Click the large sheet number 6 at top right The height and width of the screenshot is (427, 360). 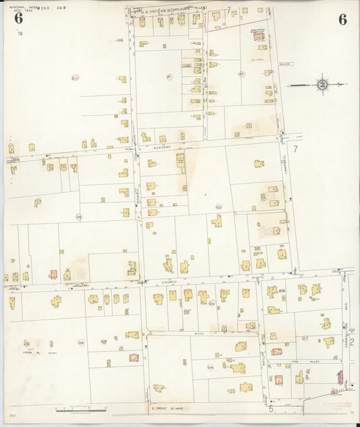pos(342,20)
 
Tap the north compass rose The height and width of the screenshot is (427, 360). pos(322,85)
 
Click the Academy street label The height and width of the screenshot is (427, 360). pos(161,147)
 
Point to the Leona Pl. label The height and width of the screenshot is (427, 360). pos(28,351)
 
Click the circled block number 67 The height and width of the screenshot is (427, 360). pos(75,78)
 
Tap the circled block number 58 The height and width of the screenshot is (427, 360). pos(78,217)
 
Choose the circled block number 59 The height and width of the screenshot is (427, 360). pos(81,343)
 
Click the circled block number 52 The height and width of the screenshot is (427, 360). pos(218,207)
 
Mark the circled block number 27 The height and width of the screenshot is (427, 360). pos(305,338)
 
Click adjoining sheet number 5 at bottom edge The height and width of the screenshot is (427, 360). pos(270,409)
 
